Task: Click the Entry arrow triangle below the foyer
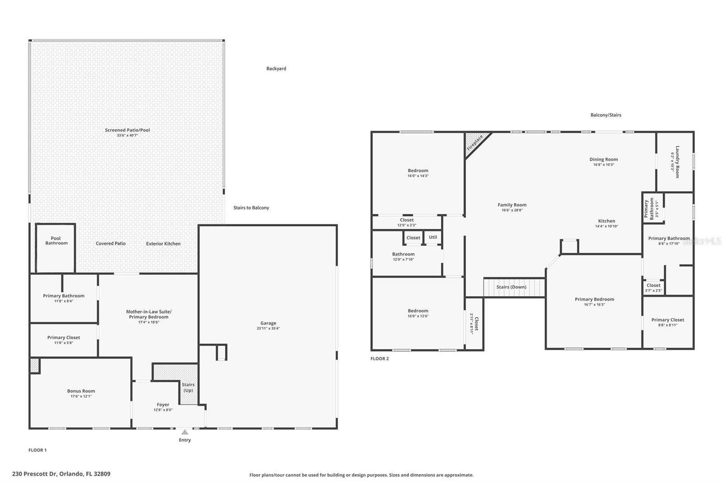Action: coord(185,432)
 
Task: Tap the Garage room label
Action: coord(268,323)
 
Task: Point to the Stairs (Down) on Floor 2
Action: coord(512,287)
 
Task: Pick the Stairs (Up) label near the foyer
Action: coord(188,387)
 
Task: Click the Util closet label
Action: coord(433,237)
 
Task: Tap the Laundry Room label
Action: coord(677,161)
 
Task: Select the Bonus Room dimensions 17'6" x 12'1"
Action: coord(81,397)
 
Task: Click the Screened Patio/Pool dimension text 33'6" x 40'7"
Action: coord(127,135)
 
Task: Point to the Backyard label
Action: coord(276,69)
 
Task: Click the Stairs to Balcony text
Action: coord(251,208)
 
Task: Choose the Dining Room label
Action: coord(603,159)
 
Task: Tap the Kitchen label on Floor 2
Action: coord(606,221)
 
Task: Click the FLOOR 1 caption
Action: coord(38,450)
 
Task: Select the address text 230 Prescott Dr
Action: coord(61,474)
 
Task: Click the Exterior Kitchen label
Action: coord(163,244)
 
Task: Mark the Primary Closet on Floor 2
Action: coord(667,322)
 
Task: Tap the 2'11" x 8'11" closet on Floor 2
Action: coord(474,323)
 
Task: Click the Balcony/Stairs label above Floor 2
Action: coord(606,115)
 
